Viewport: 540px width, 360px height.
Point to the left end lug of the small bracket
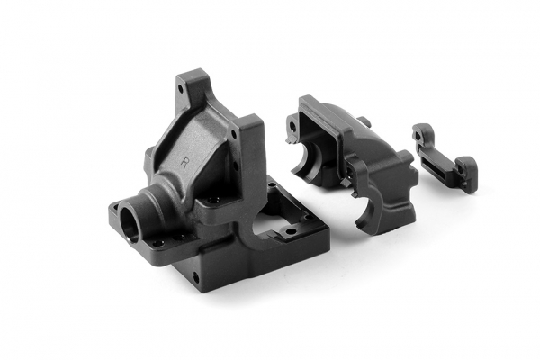[x=420, y=135]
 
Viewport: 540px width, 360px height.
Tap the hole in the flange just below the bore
[x=157, y=242]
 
